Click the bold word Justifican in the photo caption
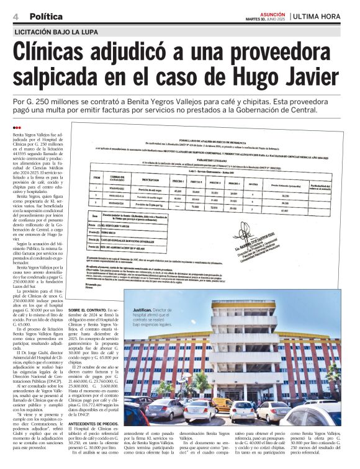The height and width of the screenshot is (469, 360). coord(142,310)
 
